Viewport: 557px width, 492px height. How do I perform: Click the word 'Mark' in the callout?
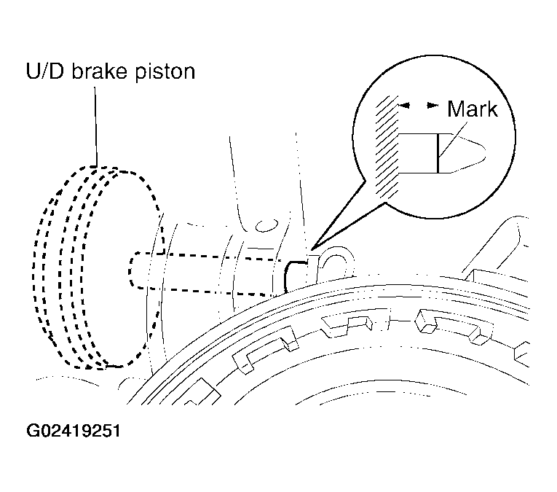tap(472, 109)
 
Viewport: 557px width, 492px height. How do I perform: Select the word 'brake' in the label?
tap(100, 71)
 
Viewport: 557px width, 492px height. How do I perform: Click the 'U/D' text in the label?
tap(45, 71)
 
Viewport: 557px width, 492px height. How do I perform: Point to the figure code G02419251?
tap(74, 431)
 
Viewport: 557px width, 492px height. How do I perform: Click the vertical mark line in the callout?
tap(438, 153)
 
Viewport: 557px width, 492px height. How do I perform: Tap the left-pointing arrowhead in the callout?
tap(404, 105)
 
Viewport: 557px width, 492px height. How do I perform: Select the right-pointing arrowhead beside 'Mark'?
tap(432, 105)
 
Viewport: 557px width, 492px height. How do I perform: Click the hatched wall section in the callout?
tap(387, 145)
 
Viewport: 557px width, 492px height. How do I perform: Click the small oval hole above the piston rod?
tap(266, 225)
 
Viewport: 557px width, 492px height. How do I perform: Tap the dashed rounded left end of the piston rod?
tap(130, 270)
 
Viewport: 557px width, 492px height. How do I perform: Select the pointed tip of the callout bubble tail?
tap(311, 249)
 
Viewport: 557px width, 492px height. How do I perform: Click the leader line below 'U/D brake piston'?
tap(95, 127)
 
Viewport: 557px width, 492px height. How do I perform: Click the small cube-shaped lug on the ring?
tap(425, 321)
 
